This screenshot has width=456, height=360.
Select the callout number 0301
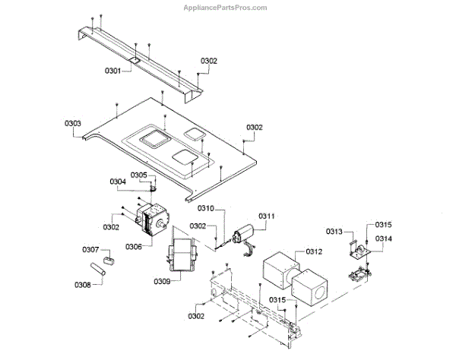[x=114, y=71]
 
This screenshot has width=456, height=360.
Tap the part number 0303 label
[x=73, y=123]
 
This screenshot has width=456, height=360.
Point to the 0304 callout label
[x=117, y=182]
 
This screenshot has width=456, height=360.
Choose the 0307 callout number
[x=90, y=249]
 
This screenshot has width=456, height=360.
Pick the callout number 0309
[x=160, y=281]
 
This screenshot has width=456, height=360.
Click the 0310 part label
[x=206, y=208]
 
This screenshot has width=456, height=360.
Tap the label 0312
[x=314, y=251]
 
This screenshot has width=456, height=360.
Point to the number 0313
[x=335, y=232]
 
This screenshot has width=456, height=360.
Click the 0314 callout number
[x=383, y=238]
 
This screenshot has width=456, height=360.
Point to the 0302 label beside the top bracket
[x=209, y=61]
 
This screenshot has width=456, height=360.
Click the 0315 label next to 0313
[x=383, y=225]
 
